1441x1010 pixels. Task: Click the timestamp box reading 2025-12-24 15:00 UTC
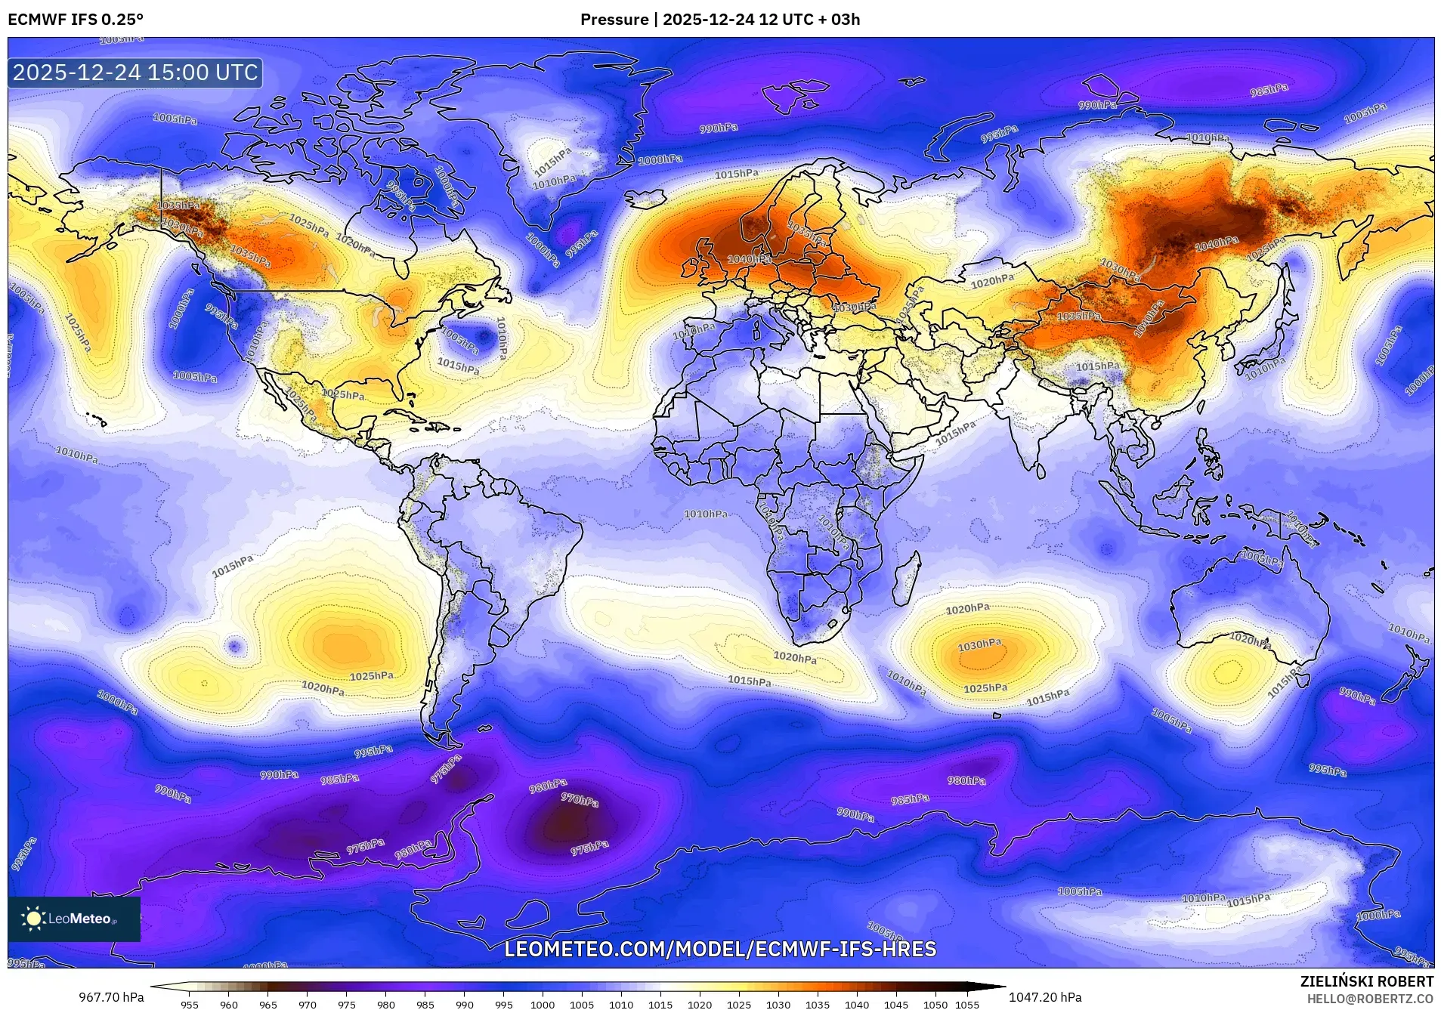click(x=135, y=73)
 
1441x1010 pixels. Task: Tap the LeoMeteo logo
click(x=73, y=919)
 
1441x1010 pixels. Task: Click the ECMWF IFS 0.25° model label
click(x=76, y=19)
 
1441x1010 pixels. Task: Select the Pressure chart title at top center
click(x=719, y=20)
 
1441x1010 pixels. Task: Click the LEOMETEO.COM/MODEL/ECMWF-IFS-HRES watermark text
click(x=719, y=949)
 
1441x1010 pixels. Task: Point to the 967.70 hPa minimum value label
click(x=111, y=997)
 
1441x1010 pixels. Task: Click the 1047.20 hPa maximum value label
click(x=1045, y=997)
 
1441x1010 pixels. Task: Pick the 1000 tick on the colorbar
click(x=543, y=1005)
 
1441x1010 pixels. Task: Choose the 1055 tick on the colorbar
click(x=967, y=1005)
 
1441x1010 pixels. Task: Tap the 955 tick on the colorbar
click(x=190, y=1005)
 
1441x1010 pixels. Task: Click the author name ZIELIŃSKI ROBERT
click(x=1366, y=982)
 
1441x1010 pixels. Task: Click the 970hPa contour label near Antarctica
click(x=580, y=799)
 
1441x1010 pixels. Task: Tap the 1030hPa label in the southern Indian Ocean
click(x=979, y=645)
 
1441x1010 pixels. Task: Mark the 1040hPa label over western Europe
click(x=749, y=259)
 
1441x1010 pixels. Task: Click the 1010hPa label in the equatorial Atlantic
click(x=706, y=514)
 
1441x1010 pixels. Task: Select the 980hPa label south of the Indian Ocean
click(x=966, y=780)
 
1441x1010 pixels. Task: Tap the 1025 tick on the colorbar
click(x=739, y=1005)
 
